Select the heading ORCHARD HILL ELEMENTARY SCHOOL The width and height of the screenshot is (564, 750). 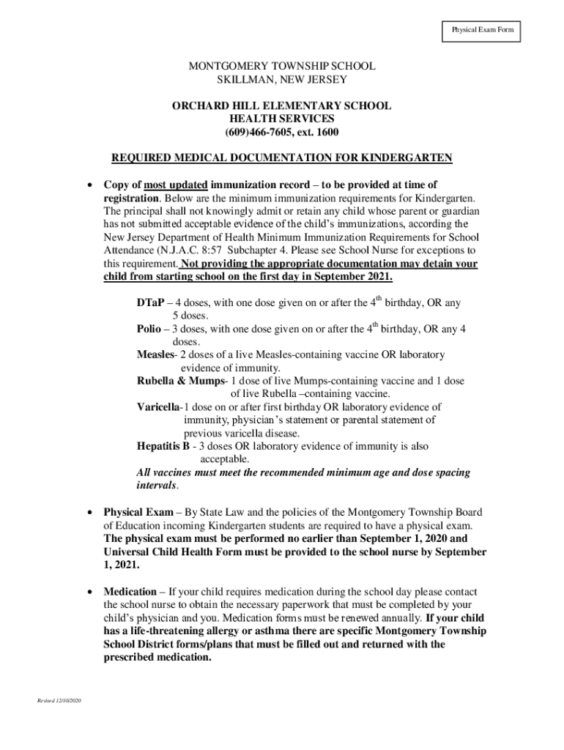click(281, 105)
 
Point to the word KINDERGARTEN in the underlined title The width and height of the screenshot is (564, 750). click(407, 157)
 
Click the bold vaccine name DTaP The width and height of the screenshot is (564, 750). click(150, 302)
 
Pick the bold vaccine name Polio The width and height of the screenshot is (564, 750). click(149, 329)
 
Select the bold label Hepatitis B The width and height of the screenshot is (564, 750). click(163, 446)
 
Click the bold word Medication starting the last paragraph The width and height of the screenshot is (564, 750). click(130, 591)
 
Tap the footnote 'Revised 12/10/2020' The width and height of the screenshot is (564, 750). click(61, 702)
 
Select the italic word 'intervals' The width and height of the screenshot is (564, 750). click(156, 486)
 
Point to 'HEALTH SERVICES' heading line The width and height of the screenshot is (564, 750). click(281, 119)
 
